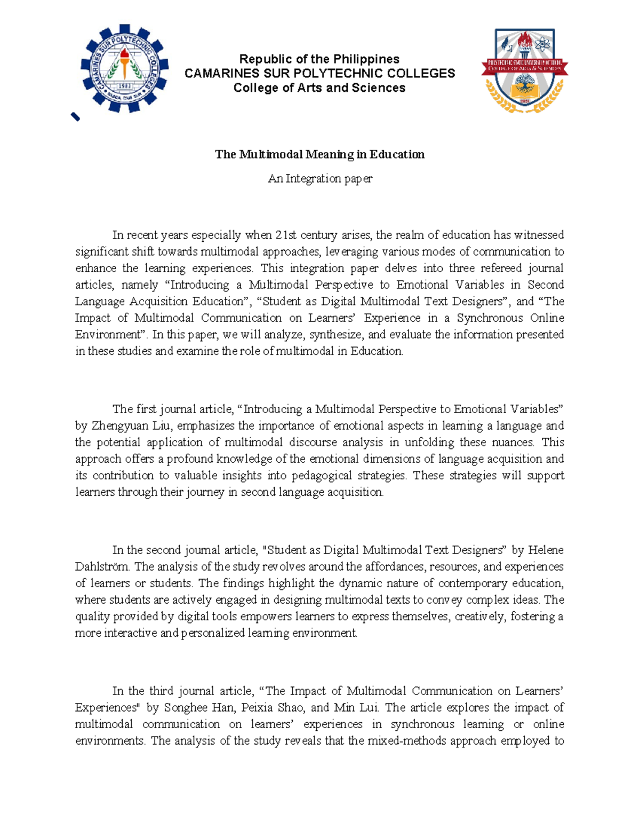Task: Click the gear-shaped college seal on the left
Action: (x=124, y=68)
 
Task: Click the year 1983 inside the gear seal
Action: (x=124, y=85)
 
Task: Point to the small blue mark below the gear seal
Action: (x=75, y=117)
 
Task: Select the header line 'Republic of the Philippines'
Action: (x=319, y=59)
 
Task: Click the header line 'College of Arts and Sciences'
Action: (x=319, y=88)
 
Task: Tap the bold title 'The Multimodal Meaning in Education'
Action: (x=319, y=154)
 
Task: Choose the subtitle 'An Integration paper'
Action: (x=319, y=178)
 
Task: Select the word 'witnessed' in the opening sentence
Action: (x=539, y=235)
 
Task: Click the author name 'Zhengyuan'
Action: (x=117, y=426)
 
